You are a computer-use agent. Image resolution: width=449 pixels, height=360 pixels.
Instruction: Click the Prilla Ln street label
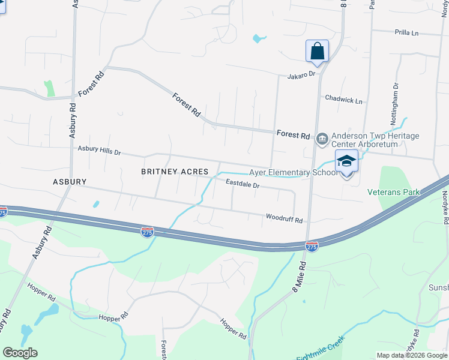pyautogui.click(x=406, y=32)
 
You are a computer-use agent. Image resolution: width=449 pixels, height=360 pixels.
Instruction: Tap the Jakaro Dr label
pyautogui.click(x=301, y=75)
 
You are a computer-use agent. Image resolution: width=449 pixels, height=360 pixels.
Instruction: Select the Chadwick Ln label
pyautogui.click(x=343, y=99)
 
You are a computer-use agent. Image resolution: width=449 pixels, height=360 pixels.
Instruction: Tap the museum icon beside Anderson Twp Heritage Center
pyautogui.click(x=322, y=138)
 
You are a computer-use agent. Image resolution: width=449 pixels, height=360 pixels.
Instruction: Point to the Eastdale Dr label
pyautogui.click(x=243, y=185)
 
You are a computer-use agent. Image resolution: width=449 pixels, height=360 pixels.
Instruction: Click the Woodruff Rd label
pyautogui.click(x=284, y=220)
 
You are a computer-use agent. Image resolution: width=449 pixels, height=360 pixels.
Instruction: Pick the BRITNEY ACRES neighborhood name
pyautogui.click(x=174, y=172)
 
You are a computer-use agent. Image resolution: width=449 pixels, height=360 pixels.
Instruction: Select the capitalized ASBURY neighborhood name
pyautogui.click(x=70, y=181)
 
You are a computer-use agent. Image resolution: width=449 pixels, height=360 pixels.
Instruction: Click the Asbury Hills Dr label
pyautogui.click(x=100, y=150)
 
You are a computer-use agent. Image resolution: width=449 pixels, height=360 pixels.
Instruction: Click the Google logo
pyautogui.click(x=20, y=353)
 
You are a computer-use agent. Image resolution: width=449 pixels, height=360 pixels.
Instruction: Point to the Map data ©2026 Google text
pyautogui.click(x=412, y=355)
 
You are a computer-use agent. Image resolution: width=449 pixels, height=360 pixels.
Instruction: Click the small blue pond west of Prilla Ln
pyautogui.click(x=259, y=39)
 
